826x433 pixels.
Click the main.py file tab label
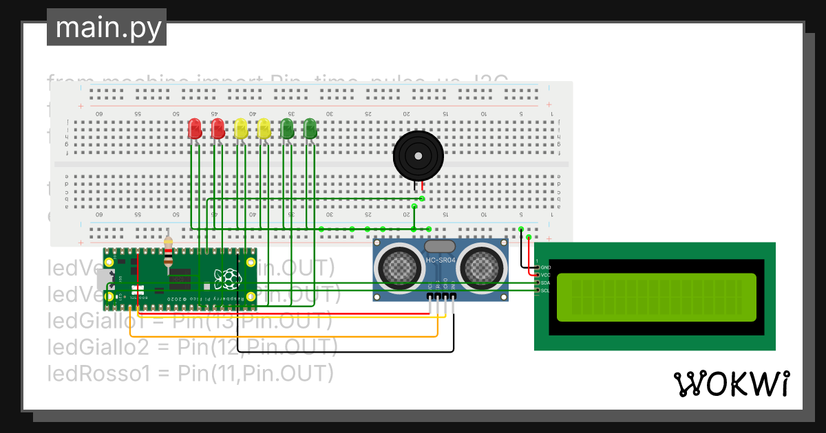107,27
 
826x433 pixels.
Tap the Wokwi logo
730,384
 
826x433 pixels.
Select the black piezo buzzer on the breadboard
415,156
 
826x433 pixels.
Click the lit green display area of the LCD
655,298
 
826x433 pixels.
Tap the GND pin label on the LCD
546,267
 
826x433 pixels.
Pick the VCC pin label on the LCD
546,275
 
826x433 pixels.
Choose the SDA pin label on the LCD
546,282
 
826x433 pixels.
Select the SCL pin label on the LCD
546,291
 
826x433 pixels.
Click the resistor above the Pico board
169,252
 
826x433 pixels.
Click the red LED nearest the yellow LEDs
218,129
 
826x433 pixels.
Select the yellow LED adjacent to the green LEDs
264,129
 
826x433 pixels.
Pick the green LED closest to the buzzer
310,129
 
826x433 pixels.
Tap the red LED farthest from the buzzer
195,129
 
